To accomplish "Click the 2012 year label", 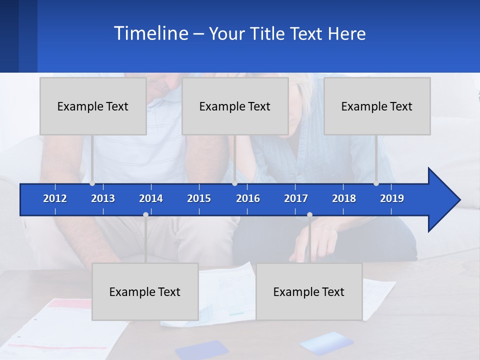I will (55, 198).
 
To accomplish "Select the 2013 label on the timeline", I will (103, 198).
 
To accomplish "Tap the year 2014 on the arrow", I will (151, 198).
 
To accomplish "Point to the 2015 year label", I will (199, 198).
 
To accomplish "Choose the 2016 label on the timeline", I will (248, 198).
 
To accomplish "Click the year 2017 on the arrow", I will (296, 198).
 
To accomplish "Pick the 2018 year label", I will (344, 198).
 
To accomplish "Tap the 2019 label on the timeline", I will (392, 198).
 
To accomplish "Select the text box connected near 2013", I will (93, 106).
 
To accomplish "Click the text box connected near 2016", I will (235, 106).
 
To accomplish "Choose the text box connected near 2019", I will (377, 106).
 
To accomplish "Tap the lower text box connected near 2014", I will (145, 291).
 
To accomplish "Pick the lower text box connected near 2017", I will (309, 291).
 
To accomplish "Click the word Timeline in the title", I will (150, 33).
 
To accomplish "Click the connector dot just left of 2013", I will (92, 183).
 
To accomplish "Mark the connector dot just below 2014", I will (145, 214).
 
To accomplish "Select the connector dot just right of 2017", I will (309, 214).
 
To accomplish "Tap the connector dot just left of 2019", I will (376, 183).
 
